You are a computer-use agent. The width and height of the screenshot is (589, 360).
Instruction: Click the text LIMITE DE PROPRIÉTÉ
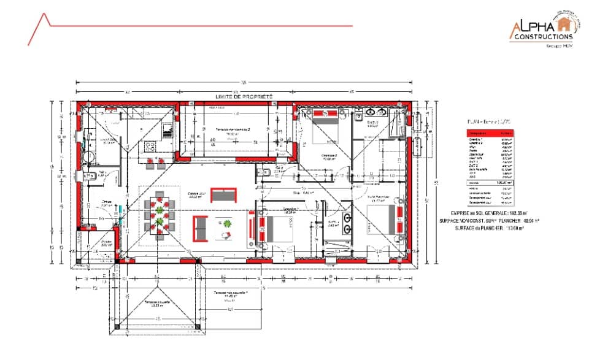pyautogui.click(x=244, y=97)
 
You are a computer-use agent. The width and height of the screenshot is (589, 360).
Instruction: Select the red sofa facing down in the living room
pyautogui.click(x=223, y=195)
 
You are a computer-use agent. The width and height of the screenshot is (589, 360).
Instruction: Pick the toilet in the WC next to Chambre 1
pyautogui.click(x=262, y=171)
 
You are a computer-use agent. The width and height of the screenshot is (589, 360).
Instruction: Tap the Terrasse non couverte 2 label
pyautogui.click(x=232, y=130)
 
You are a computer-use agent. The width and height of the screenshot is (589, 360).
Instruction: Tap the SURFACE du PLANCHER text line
pyautogui.click(x=488, y=228)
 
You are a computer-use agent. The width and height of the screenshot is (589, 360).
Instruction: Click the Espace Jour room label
pyautogui.click(x=196, y=196)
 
